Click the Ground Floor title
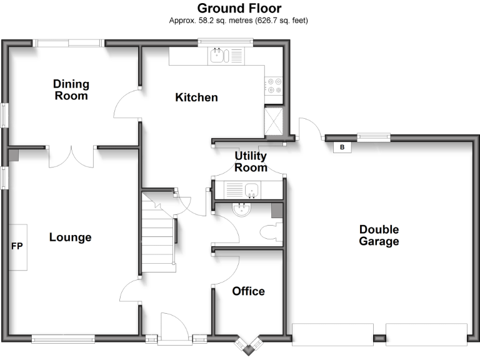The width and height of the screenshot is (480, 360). point(239,8)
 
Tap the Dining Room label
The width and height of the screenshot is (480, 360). point(71,90)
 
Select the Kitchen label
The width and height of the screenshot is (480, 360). point(196,97)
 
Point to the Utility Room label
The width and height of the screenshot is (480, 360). point(251,161)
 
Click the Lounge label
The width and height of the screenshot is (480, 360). point(71,237)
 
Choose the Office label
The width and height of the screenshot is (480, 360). point(248,291)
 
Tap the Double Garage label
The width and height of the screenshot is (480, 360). point(379,236)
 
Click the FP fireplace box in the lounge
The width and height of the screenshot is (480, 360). point(17,247)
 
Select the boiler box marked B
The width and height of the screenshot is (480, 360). point(341,147)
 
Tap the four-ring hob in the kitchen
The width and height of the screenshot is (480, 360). point(274,85)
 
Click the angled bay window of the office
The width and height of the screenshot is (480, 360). point(249,345)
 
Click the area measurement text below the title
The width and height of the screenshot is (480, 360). point(239,21)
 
